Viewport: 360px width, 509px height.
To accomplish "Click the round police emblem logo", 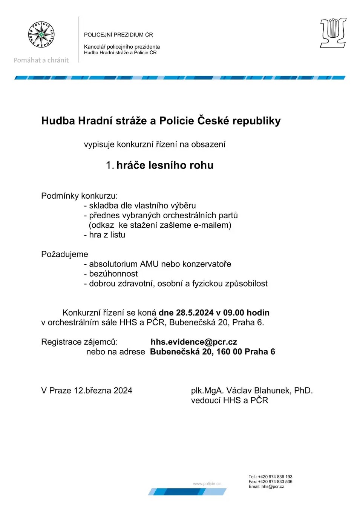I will (x=41, y=35).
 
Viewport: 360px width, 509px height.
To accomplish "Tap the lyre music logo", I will (x=333, y=33).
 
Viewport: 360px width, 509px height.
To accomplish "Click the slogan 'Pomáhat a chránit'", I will (x=41, y=60).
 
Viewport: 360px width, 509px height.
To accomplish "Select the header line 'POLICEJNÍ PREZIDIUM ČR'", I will (x=118, y=35).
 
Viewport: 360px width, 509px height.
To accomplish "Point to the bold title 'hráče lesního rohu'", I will (x=165, y=165).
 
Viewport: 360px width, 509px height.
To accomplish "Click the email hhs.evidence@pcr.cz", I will (x=194, y=342).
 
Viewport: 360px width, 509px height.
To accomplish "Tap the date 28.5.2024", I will (x=195, y=313).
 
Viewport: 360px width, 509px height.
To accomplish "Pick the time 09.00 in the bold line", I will (x=234, y=313).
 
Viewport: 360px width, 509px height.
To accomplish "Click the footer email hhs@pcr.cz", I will (x=273, y=486).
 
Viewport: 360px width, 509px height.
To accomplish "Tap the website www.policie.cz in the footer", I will (x=207, y=484).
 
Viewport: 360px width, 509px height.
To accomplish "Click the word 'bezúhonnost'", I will (x=113, y=274).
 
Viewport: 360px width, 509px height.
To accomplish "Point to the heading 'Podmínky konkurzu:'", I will (x=80, y=196).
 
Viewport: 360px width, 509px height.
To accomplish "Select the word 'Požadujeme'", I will (x=64, y=254).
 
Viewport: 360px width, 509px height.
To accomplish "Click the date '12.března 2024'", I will (x=103, y=391).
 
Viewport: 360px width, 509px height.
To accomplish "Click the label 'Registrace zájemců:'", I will (x=80, y=342).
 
